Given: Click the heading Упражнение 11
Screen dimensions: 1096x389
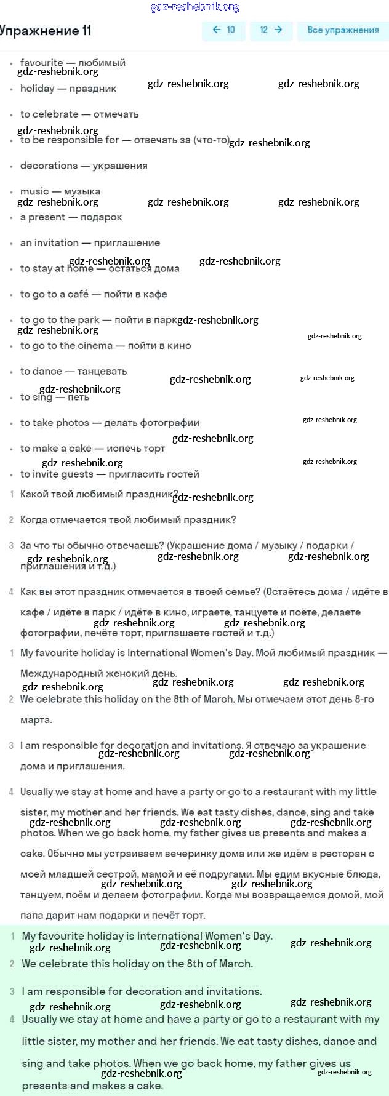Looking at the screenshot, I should tap(46, 31).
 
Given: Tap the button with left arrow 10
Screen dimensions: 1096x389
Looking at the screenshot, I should tap(223, 30).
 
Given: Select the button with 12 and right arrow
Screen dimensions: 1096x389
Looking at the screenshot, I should tap(271, 30).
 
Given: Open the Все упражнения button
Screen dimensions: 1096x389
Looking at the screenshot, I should tap(343, 30).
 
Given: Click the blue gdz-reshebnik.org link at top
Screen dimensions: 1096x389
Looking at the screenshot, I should tap(194, 7).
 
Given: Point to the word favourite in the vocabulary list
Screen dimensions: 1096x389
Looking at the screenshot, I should tap(41, 62).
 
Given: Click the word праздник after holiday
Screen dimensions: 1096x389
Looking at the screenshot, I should tap(93, 89).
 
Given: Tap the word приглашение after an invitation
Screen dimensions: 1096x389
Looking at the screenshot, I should tap(127, 243).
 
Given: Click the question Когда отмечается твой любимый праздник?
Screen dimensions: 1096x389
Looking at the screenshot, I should tap(128, 520).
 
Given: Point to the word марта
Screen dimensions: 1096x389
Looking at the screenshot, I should tap(36, 720).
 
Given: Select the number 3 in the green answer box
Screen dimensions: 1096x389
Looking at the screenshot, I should tap(12, 991).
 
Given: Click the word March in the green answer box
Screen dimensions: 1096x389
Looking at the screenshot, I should tap(235, 964).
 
